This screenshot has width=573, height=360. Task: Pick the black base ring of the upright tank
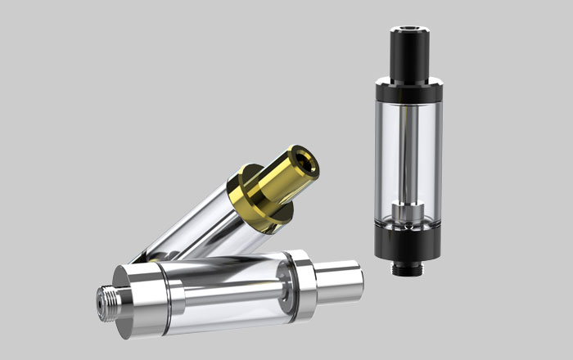click(x=408, y=245)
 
